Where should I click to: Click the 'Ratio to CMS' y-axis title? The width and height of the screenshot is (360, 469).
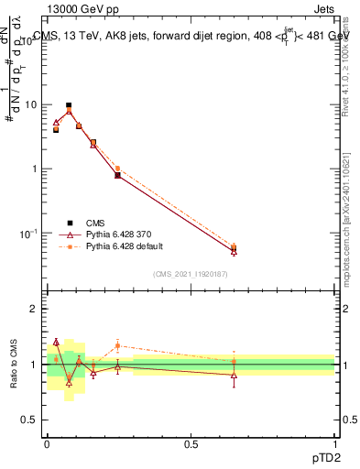(13, 365)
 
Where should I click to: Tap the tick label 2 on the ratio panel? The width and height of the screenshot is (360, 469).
(36, 310)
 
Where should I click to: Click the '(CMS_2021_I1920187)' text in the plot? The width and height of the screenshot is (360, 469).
(191, 274)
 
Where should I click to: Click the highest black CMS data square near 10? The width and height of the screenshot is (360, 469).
(69, 105)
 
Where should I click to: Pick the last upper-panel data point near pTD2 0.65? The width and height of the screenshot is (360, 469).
(234, 248)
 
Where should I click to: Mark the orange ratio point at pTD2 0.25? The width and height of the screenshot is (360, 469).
(117, 345)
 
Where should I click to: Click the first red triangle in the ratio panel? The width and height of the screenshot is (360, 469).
(56, 342)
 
